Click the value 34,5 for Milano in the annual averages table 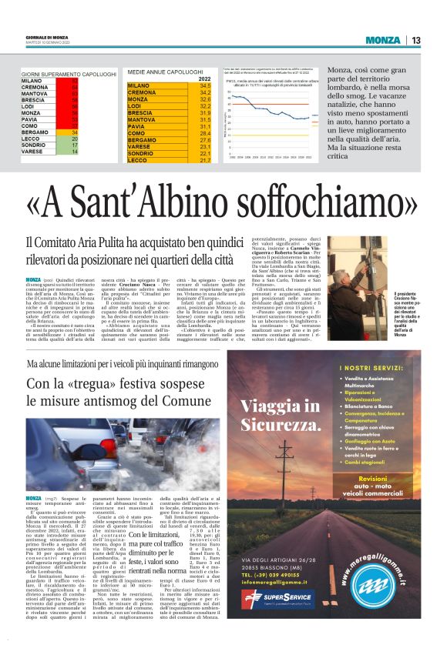click(x=203, y=85)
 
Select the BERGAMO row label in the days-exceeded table click(x=34, y=132)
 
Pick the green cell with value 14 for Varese click(x=75, y=152)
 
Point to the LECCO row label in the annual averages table click(x=139, y=160)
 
